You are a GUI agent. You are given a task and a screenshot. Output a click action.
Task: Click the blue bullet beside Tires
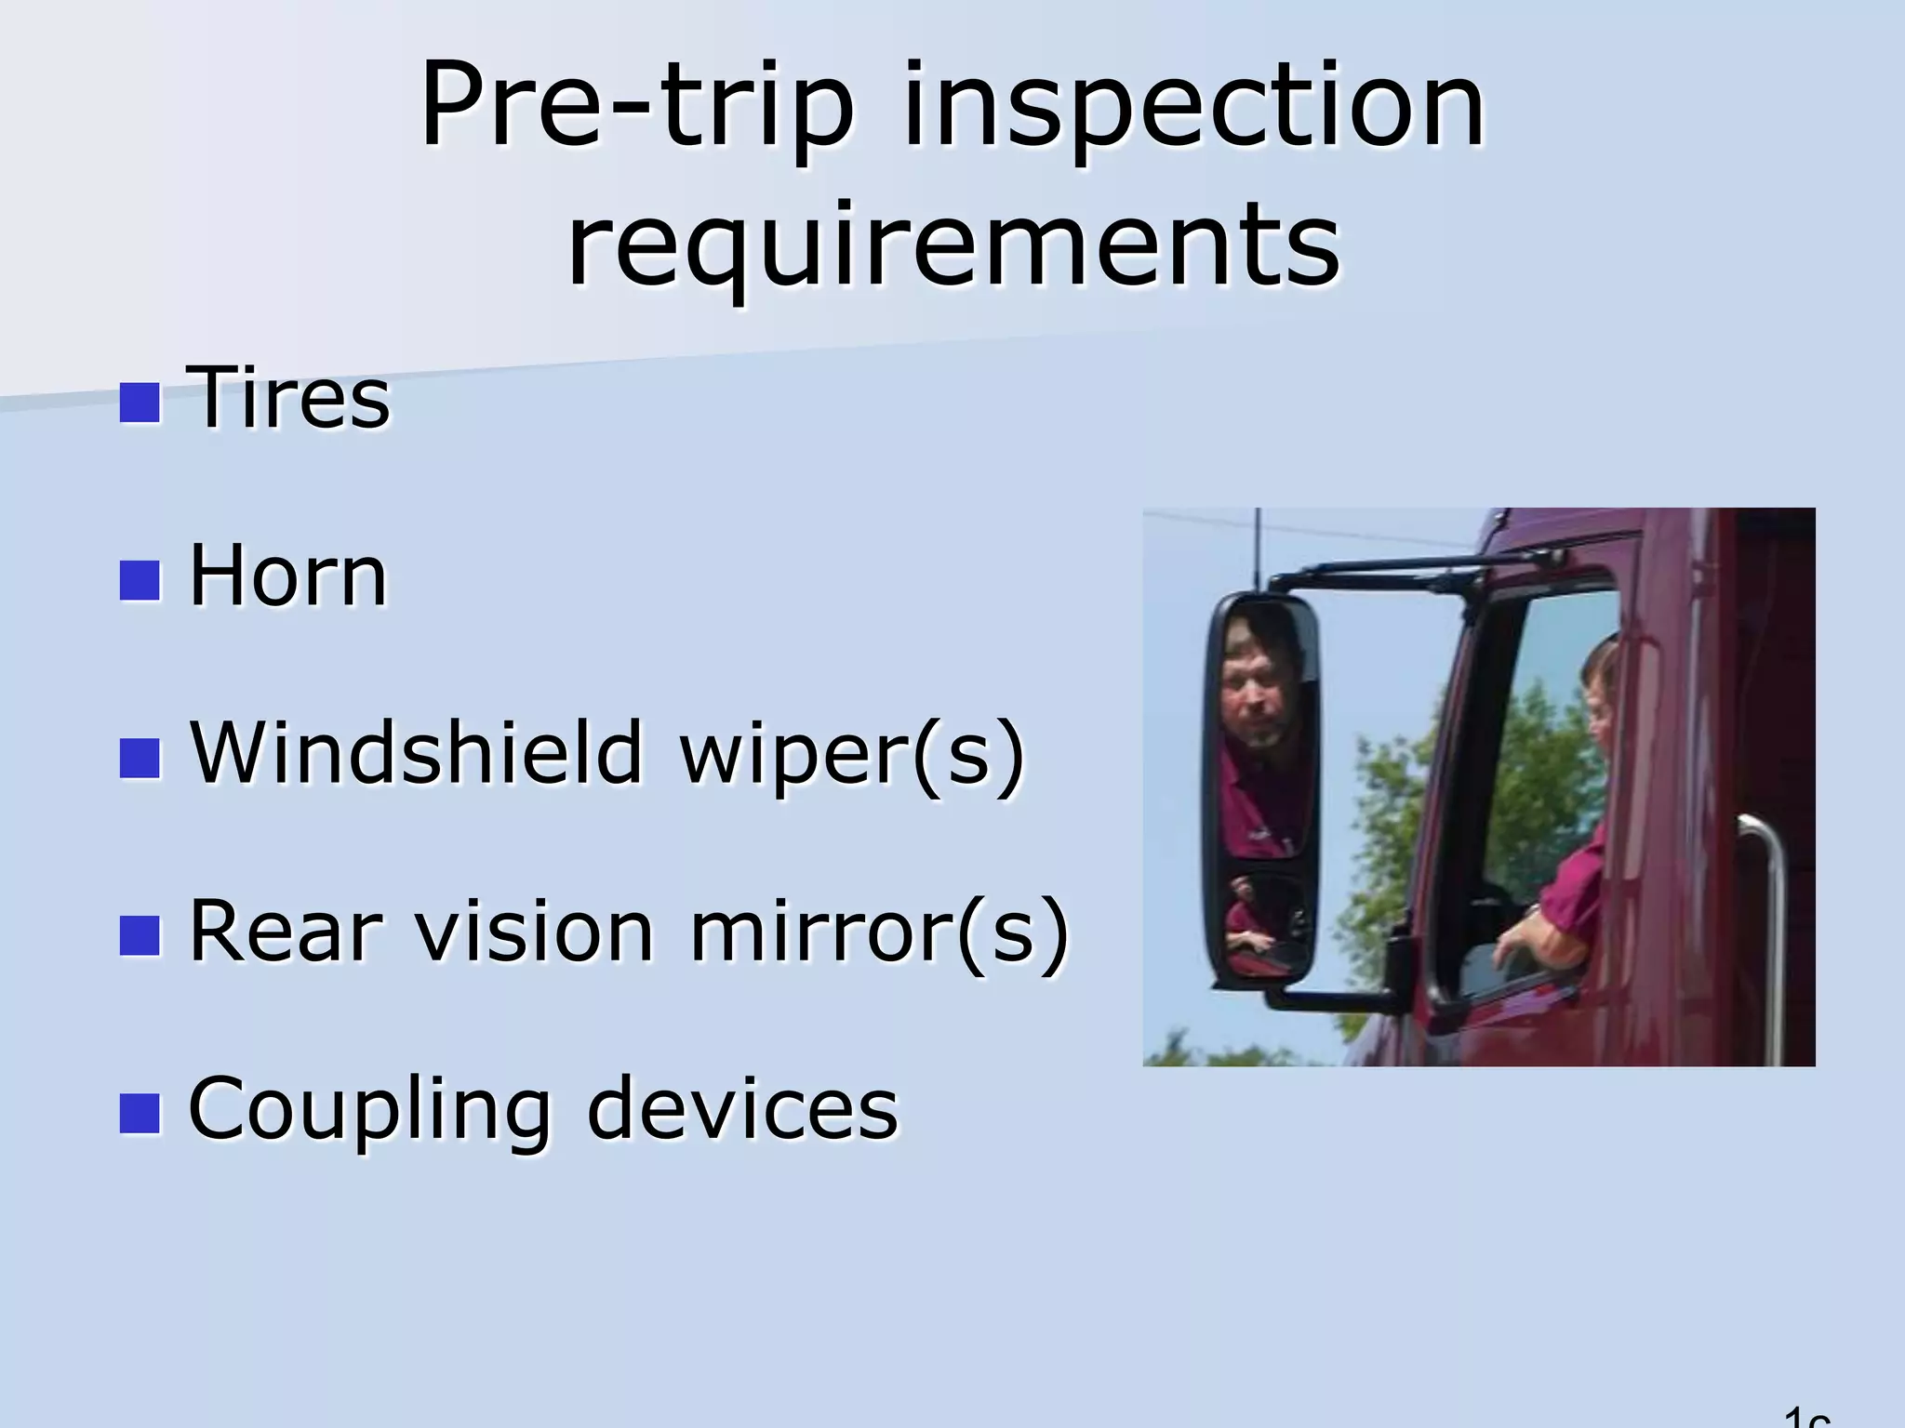tap(140, 403)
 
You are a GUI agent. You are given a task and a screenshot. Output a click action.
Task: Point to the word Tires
tap(289, 398)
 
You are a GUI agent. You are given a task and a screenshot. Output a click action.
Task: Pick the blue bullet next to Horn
tap(140, 580)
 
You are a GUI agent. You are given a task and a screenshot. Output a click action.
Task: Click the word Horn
tap(287, 576)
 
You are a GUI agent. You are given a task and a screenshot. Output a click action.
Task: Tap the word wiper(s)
tap(852, 755)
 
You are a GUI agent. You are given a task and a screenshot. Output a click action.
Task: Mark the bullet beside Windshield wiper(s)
tap(140, 758)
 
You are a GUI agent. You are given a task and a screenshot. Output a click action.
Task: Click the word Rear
tap(285, 931)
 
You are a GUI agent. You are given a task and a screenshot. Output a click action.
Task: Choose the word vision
tap(535, 931)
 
